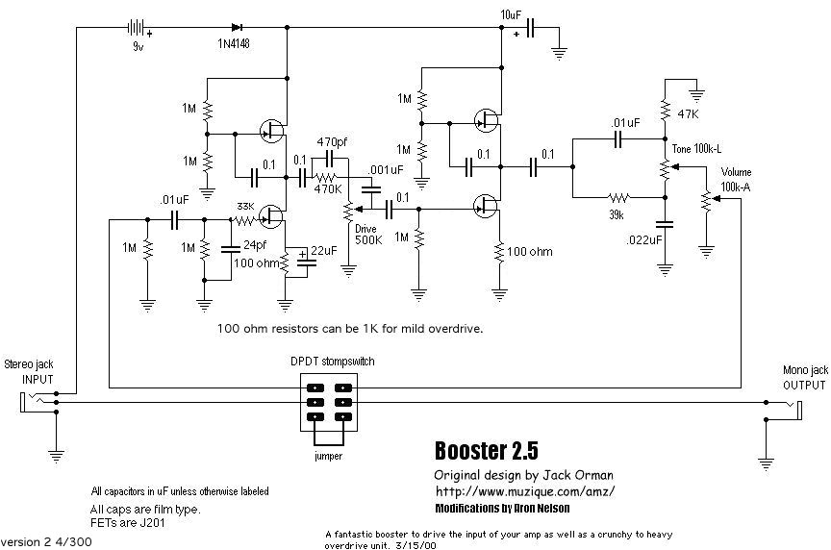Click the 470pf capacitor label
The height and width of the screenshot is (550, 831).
point(333,141)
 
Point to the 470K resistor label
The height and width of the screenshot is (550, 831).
point(329,189)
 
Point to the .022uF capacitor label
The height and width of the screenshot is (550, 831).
point(644,239)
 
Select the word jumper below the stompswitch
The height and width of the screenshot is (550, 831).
point(328,456)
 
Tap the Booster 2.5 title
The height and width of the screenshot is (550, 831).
point(487,451)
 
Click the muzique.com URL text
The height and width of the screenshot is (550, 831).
point(524,491)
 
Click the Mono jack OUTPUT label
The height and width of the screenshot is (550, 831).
point(803,377)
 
